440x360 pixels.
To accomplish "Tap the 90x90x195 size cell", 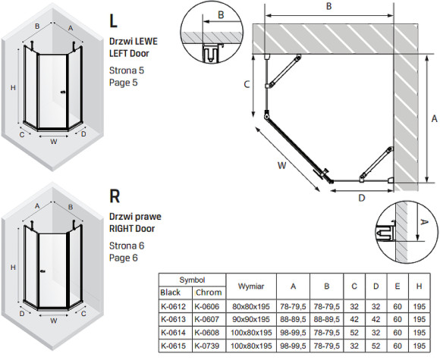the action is (251, 319).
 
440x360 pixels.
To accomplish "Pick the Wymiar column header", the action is (251, 286).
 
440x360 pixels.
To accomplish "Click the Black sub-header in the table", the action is (171, 293).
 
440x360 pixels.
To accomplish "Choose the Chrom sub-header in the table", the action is (209, 293).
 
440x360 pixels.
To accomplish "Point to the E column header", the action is (398, 286).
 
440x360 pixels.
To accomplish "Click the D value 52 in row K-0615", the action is (376, 346).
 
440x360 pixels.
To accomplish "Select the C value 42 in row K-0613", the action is (354, 319).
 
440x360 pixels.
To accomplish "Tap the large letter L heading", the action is (113, 20).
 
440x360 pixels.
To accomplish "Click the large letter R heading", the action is (115, 196).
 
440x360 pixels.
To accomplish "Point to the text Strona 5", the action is (127, 70).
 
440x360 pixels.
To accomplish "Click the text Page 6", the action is (124, 258).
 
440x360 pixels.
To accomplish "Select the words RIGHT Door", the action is (132, 228).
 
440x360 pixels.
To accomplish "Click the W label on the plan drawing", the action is (281, 165).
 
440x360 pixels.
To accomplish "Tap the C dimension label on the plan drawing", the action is (247, 84).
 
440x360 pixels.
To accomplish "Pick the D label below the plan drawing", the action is (362, 198).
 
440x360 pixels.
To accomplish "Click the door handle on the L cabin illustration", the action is (63, 92).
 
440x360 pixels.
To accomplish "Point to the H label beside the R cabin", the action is (13, 268).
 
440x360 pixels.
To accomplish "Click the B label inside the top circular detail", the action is (221, 14).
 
